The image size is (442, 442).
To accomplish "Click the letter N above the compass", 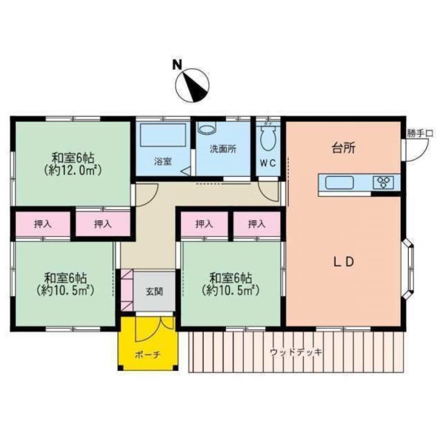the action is click(x=177, y=65).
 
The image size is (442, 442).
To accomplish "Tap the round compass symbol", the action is click(x=192, y=85).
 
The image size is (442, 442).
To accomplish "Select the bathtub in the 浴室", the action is click(x=163, y=135).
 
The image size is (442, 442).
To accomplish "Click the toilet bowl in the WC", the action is click(x=268, y=139).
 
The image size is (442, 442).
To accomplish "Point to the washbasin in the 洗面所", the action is click(x=206, y=127).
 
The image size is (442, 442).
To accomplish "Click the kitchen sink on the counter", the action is click(x=339, y=183).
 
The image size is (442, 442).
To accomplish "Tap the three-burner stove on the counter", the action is click(x=383, y=183).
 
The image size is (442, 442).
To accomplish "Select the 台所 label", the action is click(x=343, y=148).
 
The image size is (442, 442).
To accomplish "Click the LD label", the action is click(x=343, y=262).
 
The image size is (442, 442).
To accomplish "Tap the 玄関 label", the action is click(x=154, y=291).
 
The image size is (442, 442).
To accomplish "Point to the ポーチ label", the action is click(x=148, y=355).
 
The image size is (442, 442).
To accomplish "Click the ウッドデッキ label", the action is click(x=296, y=352).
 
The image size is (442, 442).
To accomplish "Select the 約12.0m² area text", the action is click(x=72, y=170).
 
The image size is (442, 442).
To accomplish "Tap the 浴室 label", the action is click(x=163, y=161).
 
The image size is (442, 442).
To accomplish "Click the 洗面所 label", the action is click(x=223, y=149).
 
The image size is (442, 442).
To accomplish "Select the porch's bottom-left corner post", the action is click(x=120, y=368).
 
